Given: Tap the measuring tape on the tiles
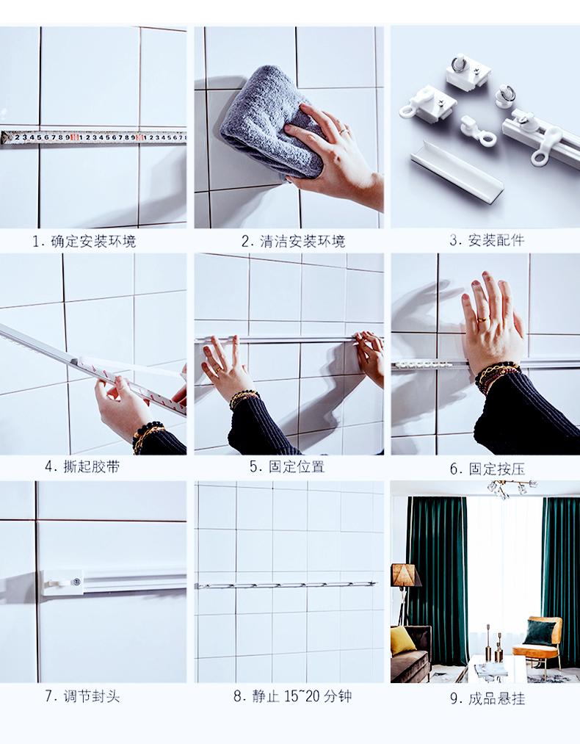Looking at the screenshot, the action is click(93, 137).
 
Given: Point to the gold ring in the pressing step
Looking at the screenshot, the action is click(482, 319).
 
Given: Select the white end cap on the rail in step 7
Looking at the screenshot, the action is click(63, 583).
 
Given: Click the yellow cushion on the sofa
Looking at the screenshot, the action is click(403, 640).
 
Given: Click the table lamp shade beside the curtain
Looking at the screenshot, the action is click(405, 575).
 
